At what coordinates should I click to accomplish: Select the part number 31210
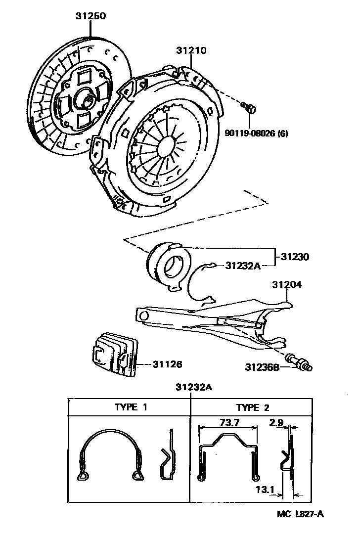click(191, 50)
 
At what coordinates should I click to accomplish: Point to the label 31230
click(295, 257)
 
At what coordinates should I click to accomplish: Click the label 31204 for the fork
click(287, 285)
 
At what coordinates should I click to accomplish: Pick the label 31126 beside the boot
click(167, 364)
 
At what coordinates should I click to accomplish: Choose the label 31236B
click(262, 367)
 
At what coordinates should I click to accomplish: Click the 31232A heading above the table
click(193, 388)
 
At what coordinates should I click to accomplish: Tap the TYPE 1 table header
click(131, 407)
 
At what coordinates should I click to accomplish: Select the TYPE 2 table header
click(253, 407)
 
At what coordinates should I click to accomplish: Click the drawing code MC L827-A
click(300, 514)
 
